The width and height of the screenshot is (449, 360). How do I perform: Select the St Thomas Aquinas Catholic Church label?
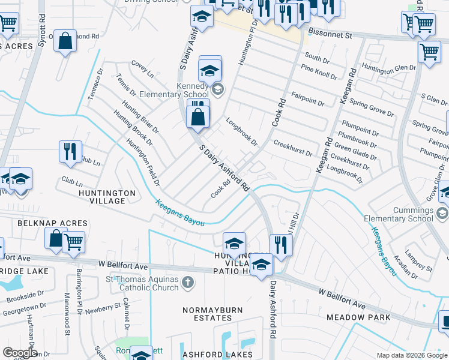click(142, 283)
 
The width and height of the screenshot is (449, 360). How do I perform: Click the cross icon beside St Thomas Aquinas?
click(188, 281)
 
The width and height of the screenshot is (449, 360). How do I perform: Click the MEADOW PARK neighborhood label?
click(358, 317)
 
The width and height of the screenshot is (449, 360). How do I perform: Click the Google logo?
click(19, 353)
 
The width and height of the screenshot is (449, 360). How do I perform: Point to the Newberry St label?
click(103, 308)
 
